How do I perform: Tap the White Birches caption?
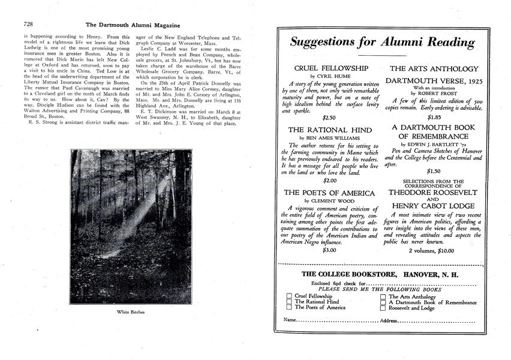point(131,312)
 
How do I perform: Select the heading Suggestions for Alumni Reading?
point(382,43)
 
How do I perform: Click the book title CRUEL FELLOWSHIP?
point(331,68)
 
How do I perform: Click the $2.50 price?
point(330,118)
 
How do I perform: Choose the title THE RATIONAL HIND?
point(330,130)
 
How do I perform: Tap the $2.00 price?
point(330,180)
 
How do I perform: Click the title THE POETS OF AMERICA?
point(330,193)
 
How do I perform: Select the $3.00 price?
point(330,250)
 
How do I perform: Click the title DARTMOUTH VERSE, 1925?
point(435,81)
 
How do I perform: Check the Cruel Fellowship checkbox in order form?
point(289,296)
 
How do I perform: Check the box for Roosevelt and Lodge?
point(383,308)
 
